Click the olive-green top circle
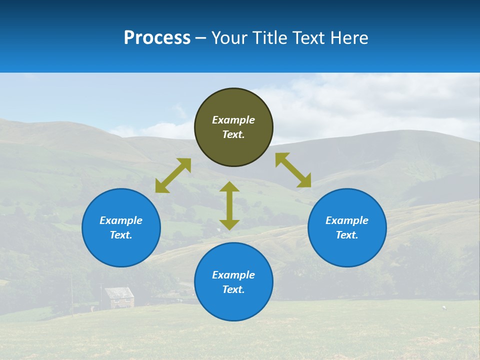[233, 127]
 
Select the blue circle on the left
[121, 227]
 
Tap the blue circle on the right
[347, 227]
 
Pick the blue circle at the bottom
[233, 282]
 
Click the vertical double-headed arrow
[229, 205]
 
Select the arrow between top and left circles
[173, 175]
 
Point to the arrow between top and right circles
[293, 170]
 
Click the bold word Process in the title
[157, 37]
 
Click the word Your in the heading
[229, 37]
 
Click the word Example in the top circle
[233, 120]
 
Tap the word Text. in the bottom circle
[233, 289]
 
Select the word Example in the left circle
[121, 220]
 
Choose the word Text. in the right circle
[347, 235]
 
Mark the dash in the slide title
[201, 38]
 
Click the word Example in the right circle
[347, 220]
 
